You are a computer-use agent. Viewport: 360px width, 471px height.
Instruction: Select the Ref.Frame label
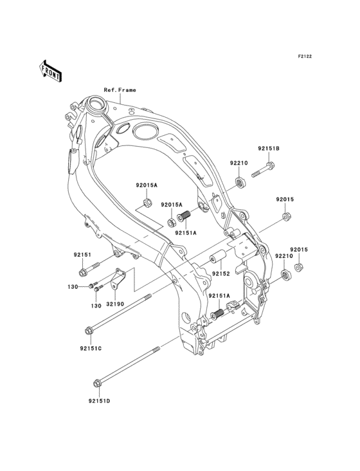(x=120, y=90)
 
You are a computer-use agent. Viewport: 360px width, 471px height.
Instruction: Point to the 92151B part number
(x=269, y=149)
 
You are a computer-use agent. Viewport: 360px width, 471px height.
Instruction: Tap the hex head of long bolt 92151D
(x=97, y=385)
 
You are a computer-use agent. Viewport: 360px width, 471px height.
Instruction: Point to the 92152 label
(x=222, y=274)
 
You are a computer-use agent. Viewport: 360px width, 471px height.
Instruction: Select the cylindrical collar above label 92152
(x=217, y=261)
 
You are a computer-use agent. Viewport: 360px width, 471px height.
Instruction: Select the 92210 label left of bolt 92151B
(x=239, y=163)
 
